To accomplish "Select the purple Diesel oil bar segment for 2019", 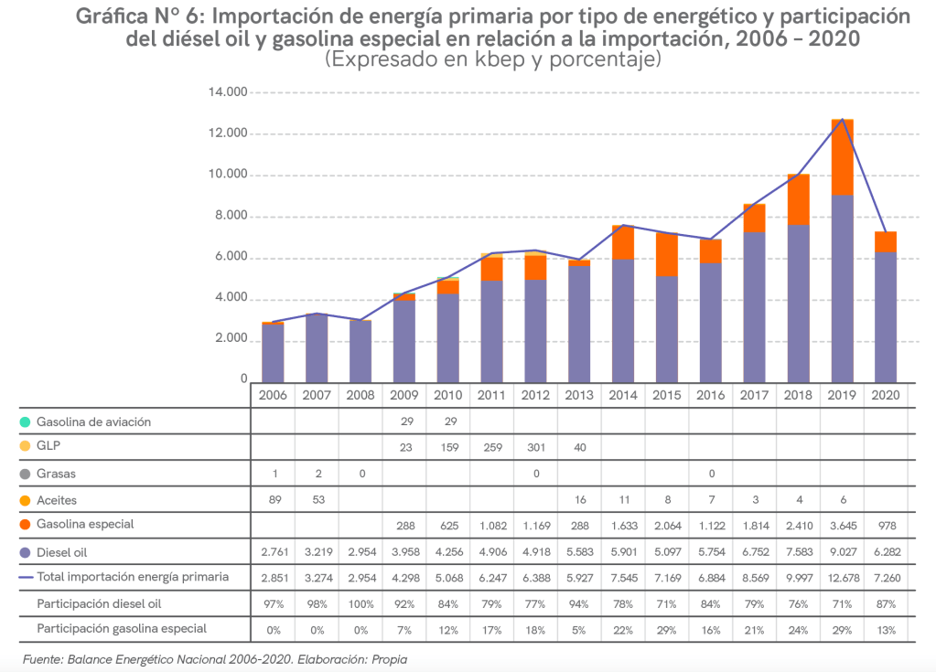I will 842,288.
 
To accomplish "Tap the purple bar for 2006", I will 273,353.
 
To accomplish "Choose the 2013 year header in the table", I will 579,395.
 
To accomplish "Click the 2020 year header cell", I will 886,395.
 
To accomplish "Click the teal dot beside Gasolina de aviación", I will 24,422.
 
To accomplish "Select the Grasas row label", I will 57,474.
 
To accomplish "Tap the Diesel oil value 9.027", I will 842,551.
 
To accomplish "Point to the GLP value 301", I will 535,448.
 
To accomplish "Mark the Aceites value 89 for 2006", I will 273,499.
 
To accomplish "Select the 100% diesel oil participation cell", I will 360,603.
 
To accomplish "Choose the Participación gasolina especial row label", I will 122,629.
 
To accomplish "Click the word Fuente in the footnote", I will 41,658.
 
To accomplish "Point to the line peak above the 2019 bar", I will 842,119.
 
